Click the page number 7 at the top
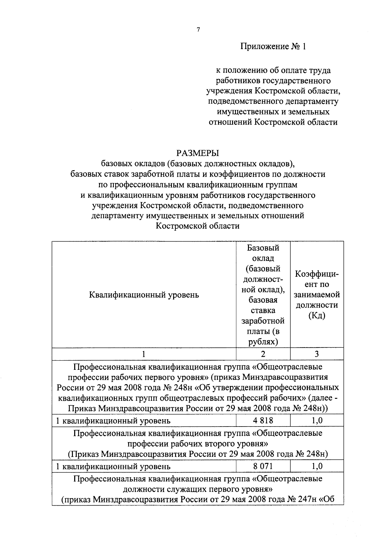click(x=198, y=30)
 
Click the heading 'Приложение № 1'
click(x=273, y=47)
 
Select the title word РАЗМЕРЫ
click(x=198, y=153)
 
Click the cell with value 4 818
click(x=263, y=420)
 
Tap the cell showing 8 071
click(x=263, y=466)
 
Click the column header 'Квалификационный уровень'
click(x=144, y=295)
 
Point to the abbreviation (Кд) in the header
click(x=317, y=315)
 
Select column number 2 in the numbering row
click(x=263, y=354)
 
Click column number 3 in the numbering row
click(x=317, y=354)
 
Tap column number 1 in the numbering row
click(x=144, y=354)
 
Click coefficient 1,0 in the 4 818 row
click(x=317, y=420)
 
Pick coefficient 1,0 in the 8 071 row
click(x=317, y=466)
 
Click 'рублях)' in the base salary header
click(x=263, y=342)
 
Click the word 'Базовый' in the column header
click(x=263, y=248)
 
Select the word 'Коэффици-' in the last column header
click(x=317, y=274)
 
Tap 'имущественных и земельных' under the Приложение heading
click(x=273, y=112)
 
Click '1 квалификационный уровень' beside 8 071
click(x=113, y=466)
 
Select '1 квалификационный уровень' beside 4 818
click(x=113, y=421)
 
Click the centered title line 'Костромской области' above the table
click(x=198, y=226)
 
